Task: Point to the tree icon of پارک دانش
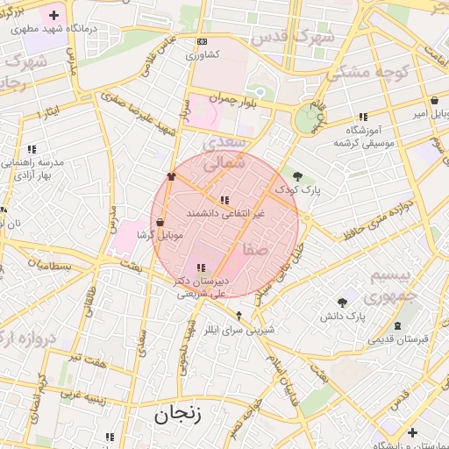tap(342, 303)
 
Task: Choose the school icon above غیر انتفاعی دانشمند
tap(224, 200)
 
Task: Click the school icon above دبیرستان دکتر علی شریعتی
tap(201, 267)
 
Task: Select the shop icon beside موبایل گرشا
tap(159, 223)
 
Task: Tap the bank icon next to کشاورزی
tap(203, 41)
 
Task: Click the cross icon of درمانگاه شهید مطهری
tap(54, 15)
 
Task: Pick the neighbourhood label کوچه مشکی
tap(368, 73)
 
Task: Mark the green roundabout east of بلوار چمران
tap(306, 118)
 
